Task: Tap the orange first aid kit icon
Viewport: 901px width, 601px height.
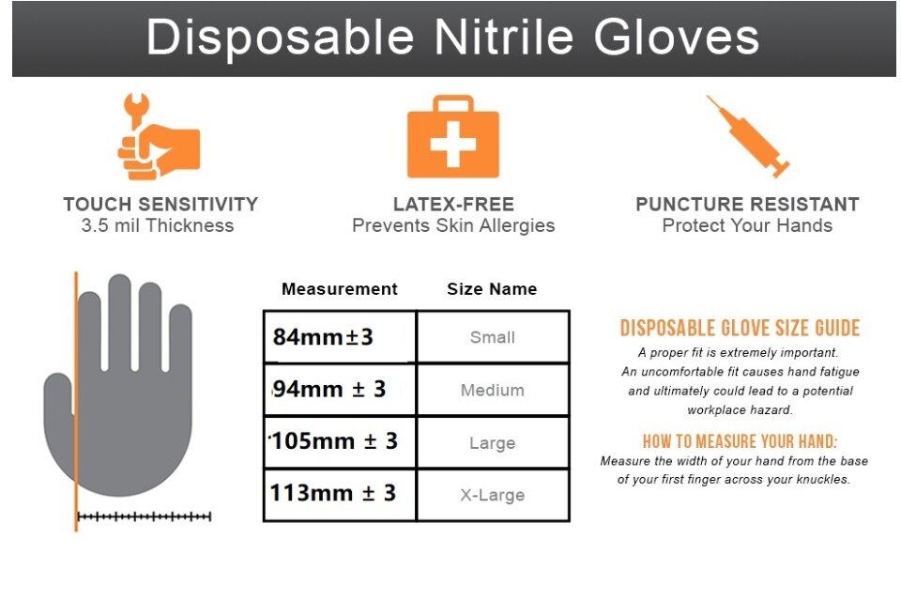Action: (x=453, y=137)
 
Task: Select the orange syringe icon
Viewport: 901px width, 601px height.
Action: (x=748, y=136)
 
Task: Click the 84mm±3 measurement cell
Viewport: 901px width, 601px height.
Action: (x=340, y=337)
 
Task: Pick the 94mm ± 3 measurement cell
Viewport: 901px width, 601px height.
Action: (x=340, y=390)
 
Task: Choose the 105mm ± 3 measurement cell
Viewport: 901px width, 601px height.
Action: (x=340, y=441)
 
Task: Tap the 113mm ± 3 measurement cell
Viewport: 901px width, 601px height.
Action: (x=340, y=495)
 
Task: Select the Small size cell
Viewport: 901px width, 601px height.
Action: (x=493, y=337)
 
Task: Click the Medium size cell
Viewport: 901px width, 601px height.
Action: (x=493, y=390)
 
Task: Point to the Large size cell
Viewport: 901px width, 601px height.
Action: (x=493, y=441)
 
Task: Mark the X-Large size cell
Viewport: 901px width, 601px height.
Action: (x=493, y=495)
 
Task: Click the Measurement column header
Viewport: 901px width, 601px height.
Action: (x=340, y=288)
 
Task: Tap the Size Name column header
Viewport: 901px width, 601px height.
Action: (x=492, y=288)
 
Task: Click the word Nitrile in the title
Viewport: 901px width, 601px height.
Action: (x=503, y=38)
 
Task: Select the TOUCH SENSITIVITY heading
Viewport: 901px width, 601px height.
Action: (x=160, y=204)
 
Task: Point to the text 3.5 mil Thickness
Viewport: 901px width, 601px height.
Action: (x=158, y=225)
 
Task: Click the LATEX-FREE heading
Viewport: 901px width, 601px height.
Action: (x=453, y=204)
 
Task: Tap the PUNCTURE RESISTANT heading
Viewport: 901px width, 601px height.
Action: (x=748, y=204)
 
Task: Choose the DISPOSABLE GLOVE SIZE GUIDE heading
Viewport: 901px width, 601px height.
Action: (x=741, y=328)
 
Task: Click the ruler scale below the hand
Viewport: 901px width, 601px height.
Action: (x=145, y=516)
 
